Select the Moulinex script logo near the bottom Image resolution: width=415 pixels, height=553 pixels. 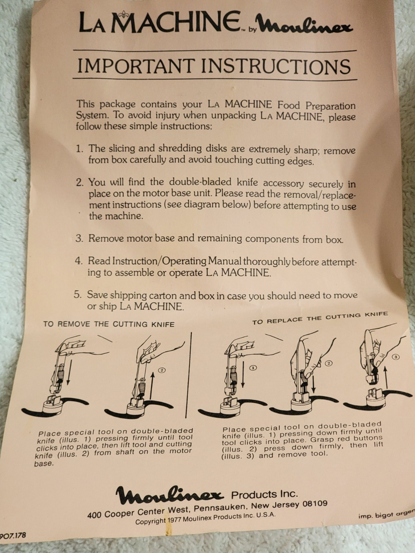[169, 495]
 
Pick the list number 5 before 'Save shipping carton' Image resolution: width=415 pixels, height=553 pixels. [77, 294]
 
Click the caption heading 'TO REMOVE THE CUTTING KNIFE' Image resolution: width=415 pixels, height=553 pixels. [109, 324]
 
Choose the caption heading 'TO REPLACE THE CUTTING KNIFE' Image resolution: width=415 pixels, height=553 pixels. [320, 318]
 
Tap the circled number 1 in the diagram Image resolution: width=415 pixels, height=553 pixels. [253, 368]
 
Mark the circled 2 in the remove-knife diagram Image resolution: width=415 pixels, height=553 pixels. [162, 370]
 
